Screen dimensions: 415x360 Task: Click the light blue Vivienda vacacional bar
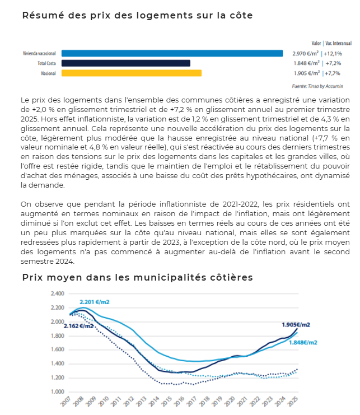point(172,53)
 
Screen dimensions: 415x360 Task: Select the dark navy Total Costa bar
point(125,63)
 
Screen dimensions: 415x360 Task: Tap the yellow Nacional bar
point(131,73)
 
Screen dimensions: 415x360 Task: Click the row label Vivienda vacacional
point(39,53)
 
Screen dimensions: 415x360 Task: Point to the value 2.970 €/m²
point(306,53)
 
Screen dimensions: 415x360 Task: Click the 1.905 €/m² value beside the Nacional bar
point(306,73)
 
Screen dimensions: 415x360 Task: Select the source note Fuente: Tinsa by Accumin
point(317,86)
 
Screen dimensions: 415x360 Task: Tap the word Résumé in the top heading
point(41,15)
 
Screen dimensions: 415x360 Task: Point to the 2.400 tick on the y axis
point(58,293)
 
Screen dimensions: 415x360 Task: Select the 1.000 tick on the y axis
point(58,391)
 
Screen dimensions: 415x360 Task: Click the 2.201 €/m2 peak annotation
point(94,302)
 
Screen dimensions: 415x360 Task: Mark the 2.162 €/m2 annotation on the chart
point(78,326)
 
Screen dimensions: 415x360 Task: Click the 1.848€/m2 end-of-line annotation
point(303,343)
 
